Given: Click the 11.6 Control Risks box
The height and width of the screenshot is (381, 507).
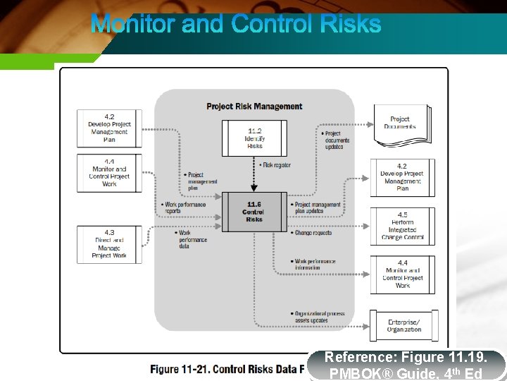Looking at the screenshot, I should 254,212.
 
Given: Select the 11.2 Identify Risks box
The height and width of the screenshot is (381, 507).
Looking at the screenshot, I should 254,138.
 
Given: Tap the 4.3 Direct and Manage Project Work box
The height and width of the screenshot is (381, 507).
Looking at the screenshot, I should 109,245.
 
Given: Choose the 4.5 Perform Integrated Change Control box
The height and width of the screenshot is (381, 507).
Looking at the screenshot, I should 402,226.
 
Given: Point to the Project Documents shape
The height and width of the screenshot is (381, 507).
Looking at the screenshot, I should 401,125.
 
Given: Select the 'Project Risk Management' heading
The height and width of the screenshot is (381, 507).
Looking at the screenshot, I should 254,107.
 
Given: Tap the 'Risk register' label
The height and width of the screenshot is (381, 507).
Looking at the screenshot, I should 276,165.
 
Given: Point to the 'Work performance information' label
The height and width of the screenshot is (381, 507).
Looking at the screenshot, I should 313,265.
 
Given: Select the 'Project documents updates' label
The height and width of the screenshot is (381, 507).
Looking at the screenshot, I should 336,140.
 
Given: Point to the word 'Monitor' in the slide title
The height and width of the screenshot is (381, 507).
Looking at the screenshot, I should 133,24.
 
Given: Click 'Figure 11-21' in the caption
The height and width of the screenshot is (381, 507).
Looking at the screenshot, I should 180,369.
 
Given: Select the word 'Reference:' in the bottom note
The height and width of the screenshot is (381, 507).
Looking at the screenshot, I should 355,358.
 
